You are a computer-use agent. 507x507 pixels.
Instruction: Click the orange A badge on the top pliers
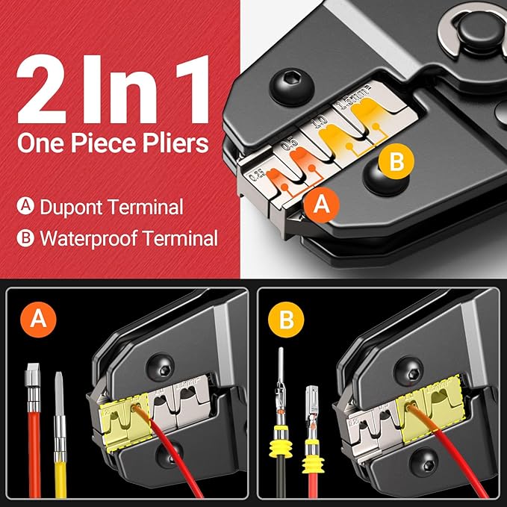[x=321, y=202]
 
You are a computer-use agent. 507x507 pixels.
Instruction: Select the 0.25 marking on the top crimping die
[x=258, y=176]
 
